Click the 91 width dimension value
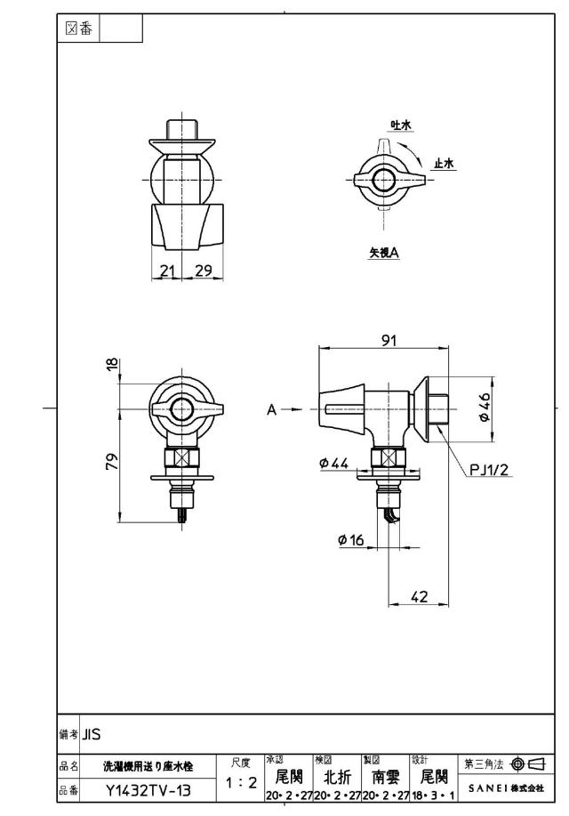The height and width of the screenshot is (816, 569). click(389, 340)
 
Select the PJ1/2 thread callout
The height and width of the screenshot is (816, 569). click(489, 470)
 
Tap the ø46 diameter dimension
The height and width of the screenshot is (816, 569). click(485, 407)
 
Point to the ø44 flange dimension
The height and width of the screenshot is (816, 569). click(334, 463)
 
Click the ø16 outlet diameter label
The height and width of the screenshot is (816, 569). click(351, 539)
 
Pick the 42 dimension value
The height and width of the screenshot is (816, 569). click(420, 596)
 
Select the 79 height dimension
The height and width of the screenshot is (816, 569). click(112, 462)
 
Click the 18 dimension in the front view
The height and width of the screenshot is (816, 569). click(112, 366)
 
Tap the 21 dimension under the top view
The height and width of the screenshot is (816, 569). click(167, 271)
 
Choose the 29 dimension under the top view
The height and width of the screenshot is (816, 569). click(204, 271)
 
